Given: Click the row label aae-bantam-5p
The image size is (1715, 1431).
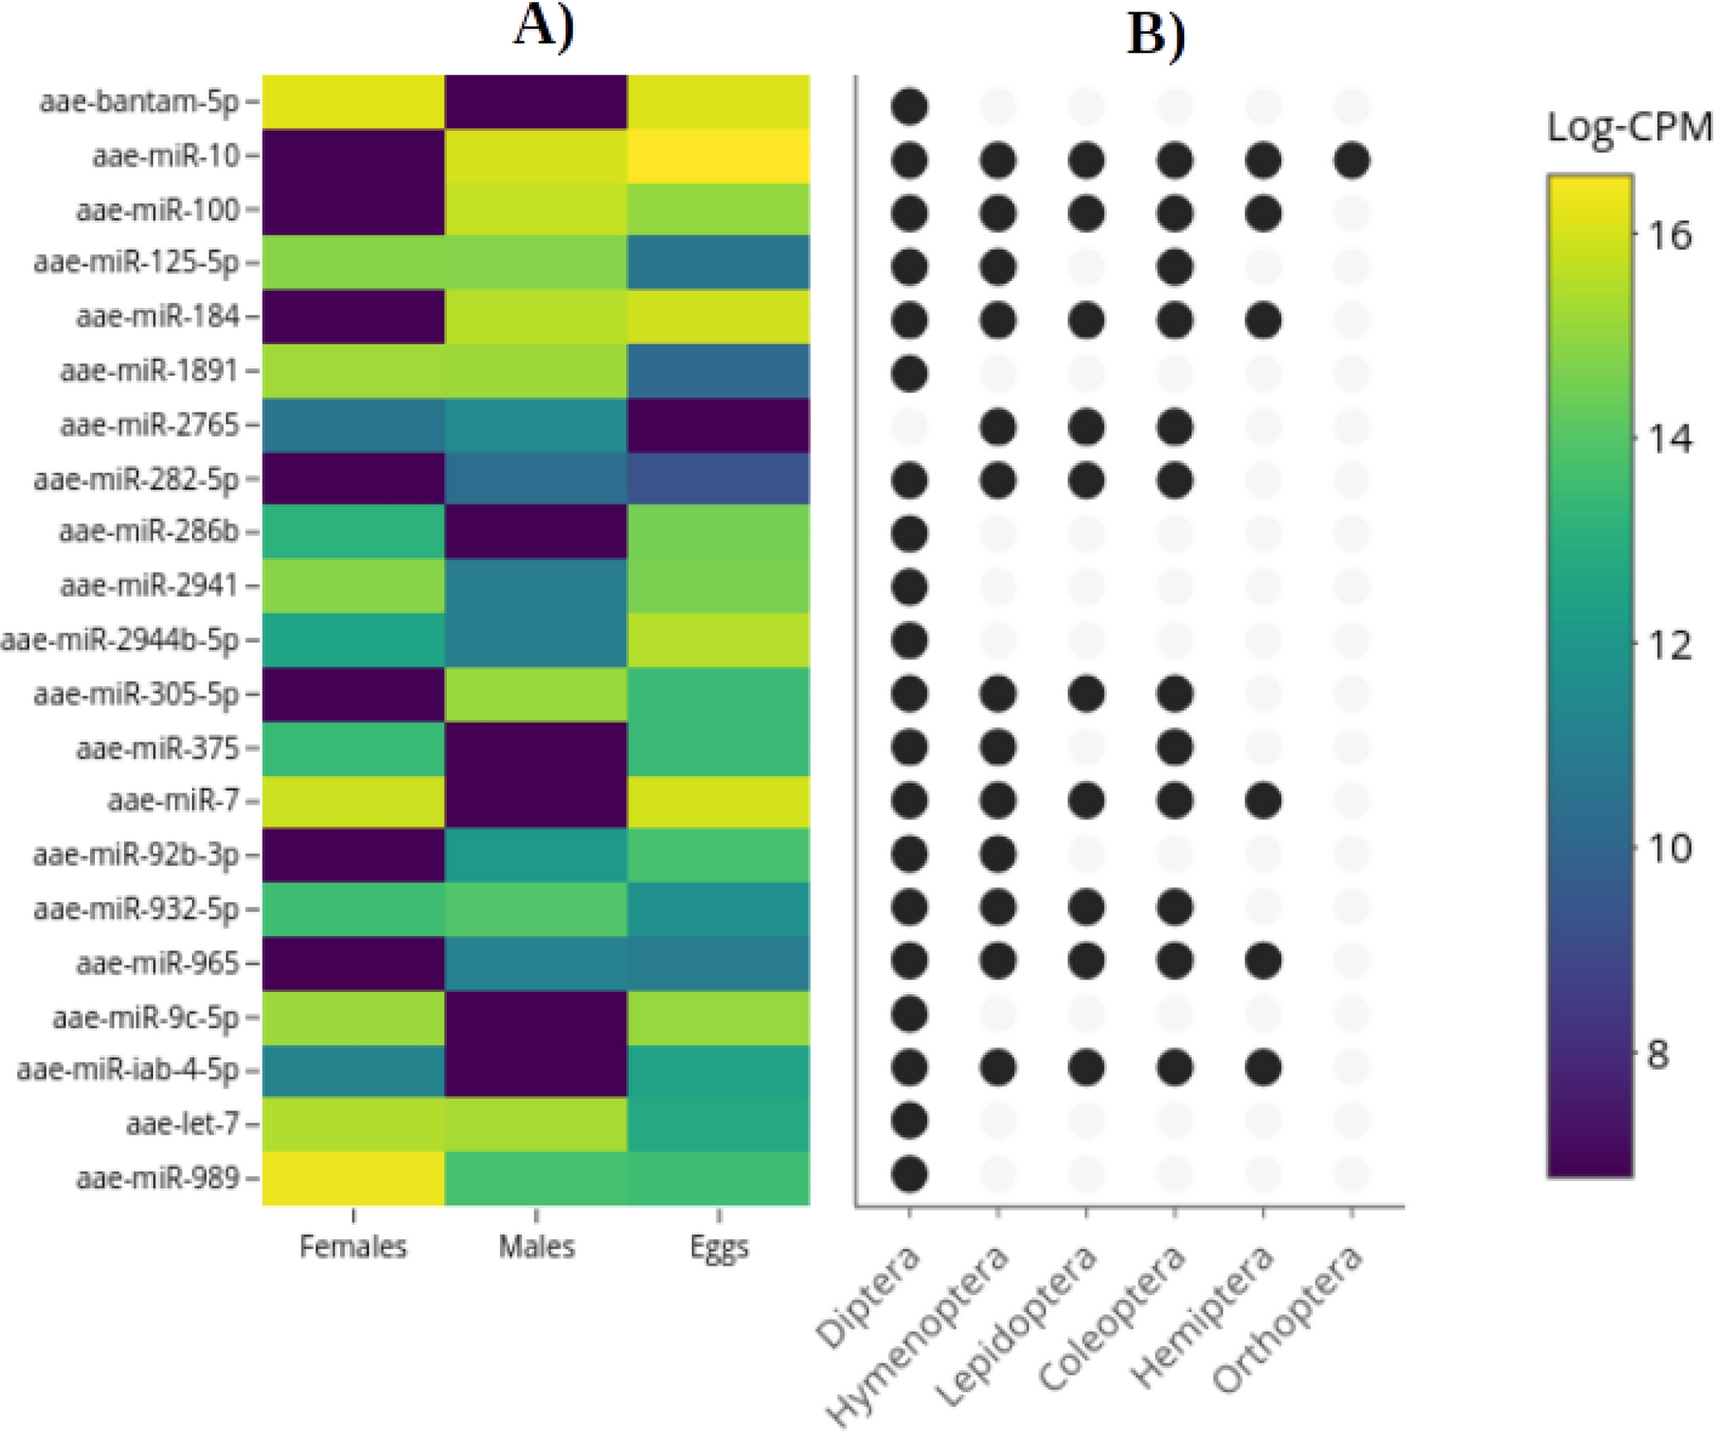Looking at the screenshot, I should pos(139,102).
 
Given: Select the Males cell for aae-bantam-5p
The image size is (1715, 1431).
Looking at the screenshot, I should pos(536,102).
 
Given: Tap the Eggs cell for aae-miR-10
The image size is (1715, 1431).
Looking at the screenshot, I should pos(718,156).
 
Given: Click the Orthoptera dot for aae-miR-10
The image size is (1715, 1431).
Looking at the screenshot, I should pos(1352,160).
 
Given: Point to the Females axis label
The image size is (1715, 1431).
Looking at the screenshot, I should pos(353,1246).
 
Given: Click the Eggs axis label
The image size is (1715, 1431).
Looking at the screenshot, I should pos(719,1248).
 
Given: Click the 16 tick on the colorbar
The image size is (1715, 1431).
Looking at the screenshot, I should pos(1669,235).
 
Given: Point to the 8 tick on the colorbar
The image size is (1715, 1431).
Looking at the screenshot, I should pos(1658,1054).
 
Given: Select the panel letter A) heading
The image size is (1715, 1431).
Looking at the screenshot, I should pos(544,26).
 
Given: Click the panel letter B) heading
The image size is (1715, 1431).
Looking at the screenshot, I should pos(1156,36).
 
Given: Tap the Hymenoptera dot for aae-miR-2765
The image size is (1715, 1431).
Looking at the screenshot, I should pos(997,426).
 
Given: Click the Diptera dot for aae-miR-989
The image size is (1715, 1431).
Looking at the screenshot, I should pos(909,1174).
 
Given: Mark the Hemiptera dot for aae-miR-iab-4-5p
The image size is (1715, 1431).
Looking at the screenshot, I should pos(1263,1068).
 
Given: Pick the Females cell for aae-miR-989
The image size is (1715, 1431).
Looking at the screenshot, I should pos(353,1178).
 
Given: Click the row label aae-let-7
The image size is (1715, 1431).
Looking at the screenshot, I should pos(182,1124).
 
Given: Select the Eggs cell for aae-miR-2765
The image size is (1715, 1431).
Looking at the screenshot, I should pos(718,425).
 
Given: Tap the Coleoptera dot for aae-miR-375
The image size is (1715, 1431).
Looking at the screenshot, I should pos(1174,747).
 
